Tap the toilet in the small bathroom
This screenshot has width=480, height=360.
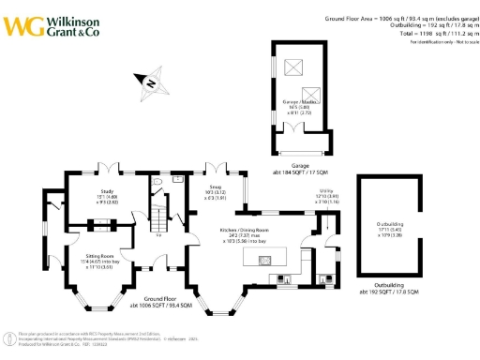point(160,180)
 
